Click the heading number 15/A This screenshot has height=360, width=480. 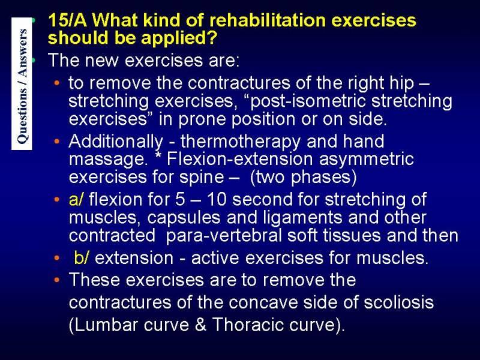[68, 20]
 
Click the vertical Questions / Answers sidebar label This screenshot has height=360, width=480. [22, 84]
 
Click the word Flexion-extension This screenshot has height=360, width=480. [240, 159]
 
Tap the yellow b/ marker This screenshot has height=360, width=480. [81, 258]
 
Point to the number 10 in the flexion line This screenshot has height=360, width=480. [217, 200]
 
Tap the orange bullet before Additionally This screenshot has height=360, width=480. [56, 142]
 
